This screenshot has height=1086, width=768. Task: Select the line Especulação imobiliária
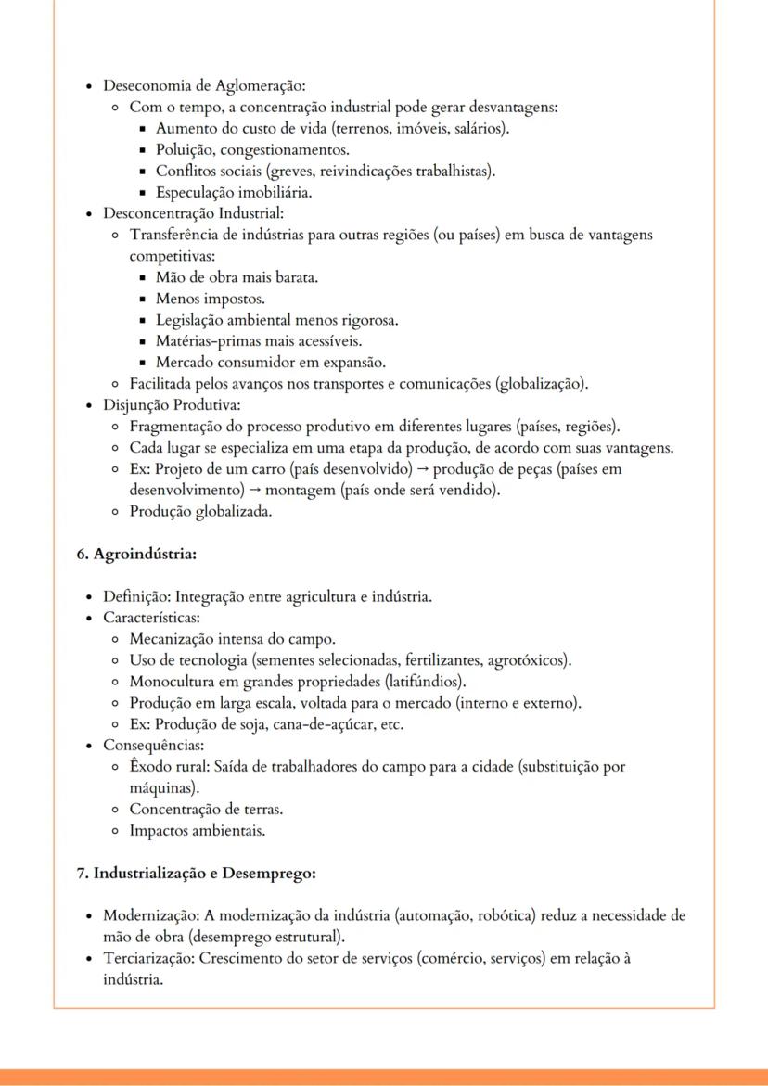(233, 193)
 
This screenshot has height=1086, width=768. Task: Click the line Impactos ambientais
(197, 830)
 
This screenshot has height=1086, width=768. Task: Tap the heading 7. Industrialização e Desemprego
(197, 873)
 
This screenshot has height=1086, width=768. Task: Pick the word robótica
(507, 915)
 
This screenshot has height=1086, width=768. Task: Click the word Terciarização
(147, 958)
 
